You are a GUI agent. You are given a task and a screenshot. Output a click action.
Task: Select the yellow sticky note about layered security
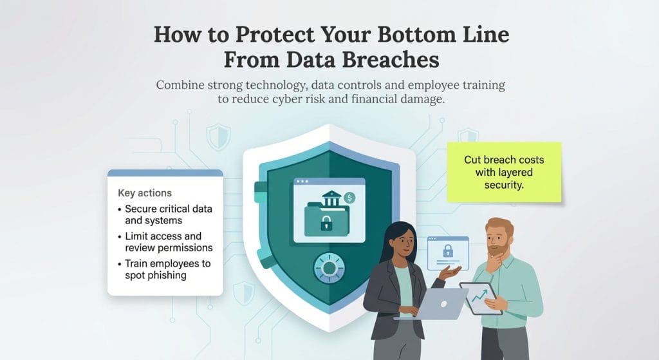[x=504, y=171]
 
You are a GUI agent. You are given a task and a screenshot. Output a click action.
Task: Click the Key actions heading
[x=144, y=193]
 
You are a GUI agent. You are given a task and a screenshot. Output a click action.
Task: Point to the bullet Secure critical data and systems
[x=168, y=214]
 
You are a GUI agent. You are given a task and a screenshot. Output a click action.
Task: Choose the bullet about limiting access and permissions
[x=168, y=242]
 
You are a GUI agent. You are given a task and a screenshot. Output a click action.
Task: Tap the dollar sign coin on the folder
[x=350, y=197]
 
